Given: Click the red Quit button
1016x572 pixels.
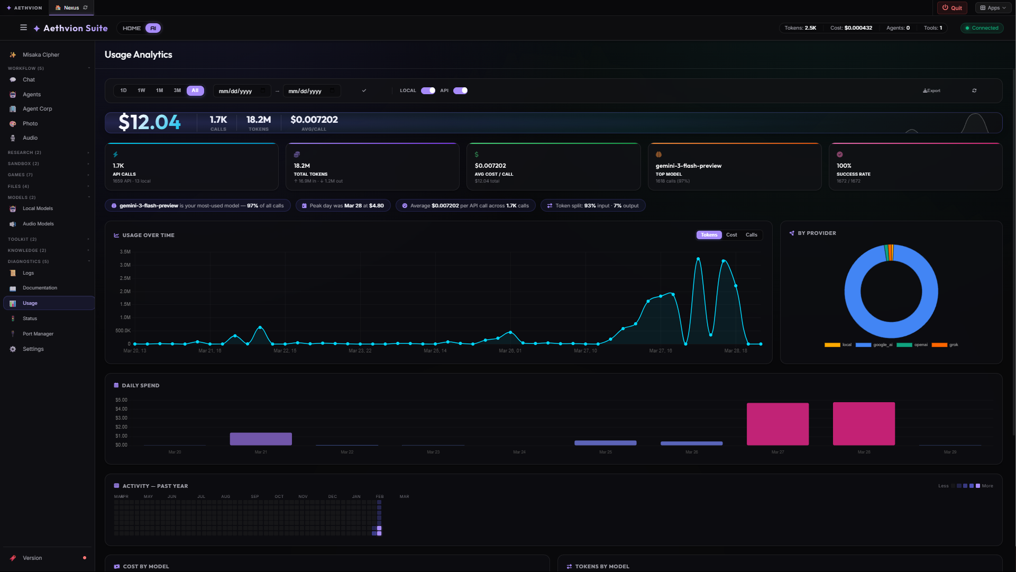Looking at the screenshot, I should tap(952, 8).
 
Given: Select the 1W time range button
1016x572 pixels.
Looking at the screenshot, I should tap(141, 90).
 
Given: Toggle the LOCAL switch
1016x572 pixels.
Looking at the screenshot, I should tap(428, 90).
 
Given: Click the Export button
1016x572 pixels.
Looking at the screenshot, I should tap(931, 90).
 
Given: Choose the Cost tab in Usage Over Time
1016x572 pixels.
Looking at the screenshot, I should tap(731, 235).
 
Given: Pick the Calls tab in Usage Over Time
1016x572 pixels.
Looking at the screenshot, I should tap(751, 235).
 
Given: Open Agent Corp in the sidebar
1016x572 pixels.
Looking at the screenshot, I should tap(37, 109).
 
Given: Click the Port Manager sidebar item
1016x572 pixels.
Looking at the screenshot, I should tap(38, 334).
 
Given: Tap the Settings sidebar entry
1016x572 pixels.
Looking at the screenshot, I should tap(33, 349).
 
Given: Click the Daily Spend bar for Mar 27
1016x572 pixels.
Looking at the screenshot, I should tap(777, 424).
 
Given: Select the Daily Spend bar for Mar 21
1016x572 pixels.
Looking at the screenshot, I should tap(261, 439).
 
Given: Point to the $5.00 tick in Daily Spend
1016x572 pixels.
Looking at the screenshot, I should tap(121, 400).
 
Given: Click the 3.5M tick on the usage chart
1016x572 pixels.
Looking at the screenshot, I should tap(125, 252).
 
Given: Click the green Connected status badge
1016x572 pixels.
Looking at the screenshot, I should tap(982, 28).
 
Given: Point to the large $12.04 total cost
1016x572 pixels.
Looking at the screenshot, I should tap(150, 122).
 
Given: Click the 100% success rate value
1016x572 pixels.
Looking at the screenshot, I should tap(844, 166).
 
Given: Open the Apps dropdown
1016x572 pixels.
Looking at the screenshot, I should tap(993, 8).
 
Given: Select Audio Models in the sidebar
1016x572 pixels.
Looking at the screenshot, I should tap(38, 224).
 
